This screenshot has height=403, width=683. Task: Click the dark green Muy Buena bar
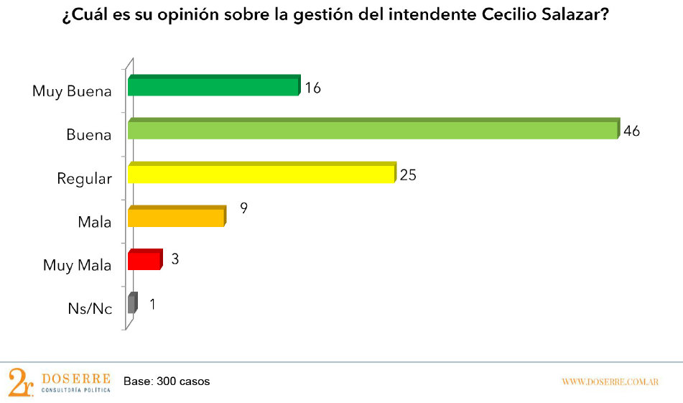pyautogui.click(x=213, y=86)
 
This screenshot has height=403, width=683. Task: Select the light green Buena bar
pyautogui.click(x=372, y=129)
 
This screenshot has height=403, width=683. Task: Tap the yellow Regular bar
pyautogui.click(x=261, y=174)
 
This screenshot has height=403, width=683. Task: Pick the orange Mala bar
pyautogui.click(x=176, y=217)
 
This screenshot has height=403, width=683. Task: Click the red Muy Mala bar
pyautogui.click(x=144, y=260)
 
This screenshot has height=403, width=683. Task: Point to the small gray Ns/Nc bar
pyautogui.click(x=131, y=304)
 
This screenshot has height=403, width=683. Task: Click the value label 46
pyautogui.click(x=632, y=131)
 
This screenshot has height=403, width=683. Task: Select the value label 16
pyautogui.click(x=312, y=88)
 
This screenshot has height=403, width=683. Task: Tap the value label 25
pyautogui.click(x=409, y=175)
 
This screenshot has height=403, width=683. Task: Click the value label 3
pyautogui.click(x=175, y=258)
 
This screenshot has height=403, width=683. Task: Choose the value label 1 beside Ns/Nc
pyautogui.click(x=152, y=304)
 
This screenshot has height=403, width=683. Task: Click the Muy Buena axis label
pyautogui.click(x=72, y=91)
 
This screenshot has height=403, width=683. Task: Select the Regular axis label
pyautogui.click(x=84, y=178)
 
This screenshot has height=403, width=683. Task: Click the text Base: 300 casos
pyautogui.click(x=167, y=381)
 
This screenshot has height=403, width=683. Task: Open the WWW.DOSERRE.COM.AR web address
pyautogui.click(x=610, y=381)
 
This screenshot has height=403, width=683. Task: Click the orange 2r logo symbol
pyautogui.click(x=20, y=381)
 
